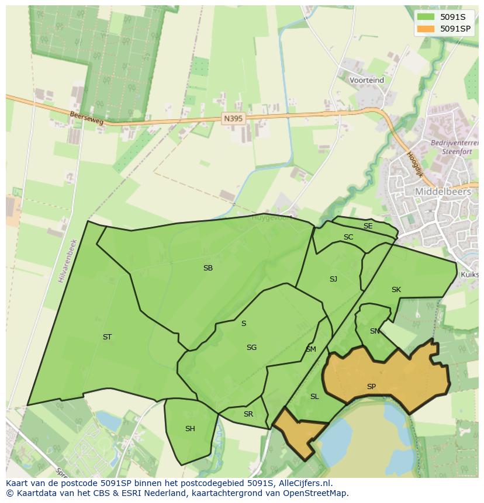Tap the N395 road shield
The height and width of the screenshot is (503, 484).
click(233, 118)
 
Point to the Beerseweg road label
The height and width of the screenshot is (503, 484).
click(86, 118)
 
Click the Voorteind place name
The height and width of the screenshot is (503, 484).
click(367, 80)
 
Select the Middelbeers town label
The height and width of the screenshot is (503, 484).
click(442, 191)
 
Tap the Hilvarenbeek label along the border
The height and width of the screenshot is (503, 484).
click(67, 261)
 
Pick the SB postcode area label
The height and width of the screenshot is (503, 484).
click(208, 268)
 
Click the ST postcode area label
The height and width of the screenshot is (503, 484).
click(107, 337)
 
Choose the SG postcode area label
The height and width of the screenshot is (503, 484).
click(251, 348)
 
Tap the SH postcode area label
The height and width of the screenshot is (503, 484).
click(190, 429)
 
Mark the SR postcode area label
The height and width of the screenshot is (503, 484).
click(248, 414)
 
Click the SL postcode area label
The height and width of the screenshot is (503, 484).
click(314, 397)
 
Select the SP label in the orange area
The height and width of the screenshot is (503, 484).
click(371, 387)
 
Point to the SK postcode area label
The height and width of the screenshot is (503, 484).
click(396, 290)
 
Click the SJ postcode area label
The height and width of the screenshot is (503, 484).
click(333, 279)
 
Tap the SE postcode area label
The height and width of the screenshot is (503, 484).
click(368, 226)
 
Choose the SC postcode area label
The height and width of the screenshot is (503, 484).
click(348, 237)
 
